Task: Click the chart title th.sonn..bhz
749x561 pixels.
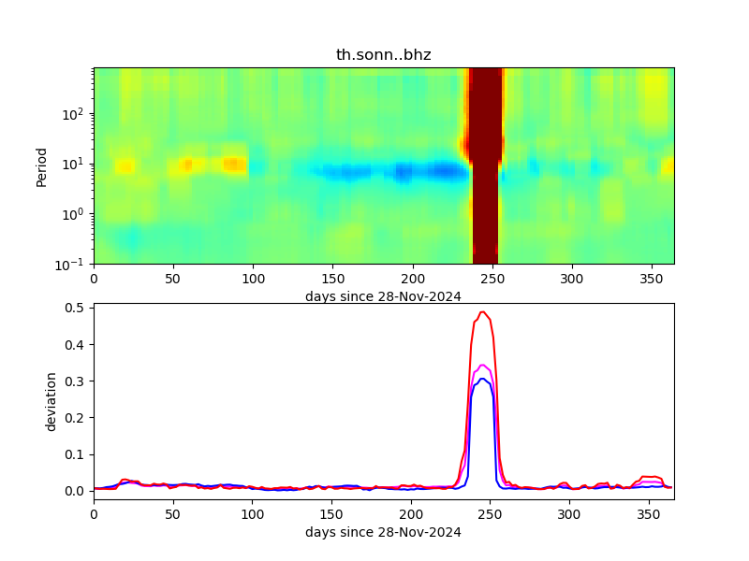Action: point(383,55)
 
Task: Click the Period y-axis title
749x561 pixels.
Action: point(41,165)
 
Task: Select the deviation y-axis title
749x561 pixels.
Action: point(52,401)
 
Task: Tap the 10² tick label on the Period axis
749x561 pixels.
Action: point(76,114)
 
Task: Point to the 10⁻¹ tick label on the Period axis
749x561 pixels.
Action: point(74,264)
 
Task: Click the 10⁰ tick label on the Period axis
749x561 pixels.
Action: point(76,214)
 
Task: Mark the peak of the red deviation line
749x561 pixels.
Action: point(482,312)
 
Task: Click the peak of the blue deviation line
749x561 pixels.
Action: point(482,379)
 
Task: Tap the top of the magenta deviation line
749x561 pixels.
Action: point(482,366)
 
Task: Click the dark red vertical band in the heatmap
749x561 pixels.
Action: point(485,165)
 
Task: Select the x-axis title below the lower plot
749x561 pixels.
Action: point(383,532)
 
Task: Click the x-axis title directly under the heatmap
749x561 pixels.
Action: point(383,296)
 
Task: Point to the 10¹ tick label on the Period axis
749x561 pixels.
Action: point(76,165)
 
